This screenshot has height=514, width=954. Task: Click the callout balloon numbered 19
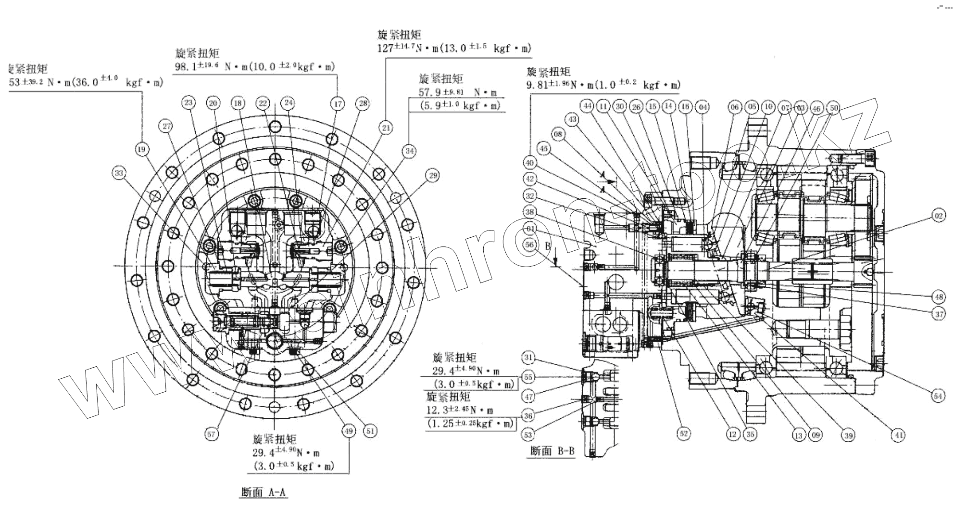(x=141, y=150)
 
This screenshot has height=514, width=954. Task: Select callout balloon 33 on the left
(x=119, y=172)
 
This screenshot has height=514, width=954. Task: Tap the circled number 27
(x=166, y=127)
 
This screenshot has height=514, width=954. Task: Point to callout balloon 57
(x=212, y=434)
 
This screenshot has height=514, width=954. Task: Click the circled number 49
(x=348, y=431)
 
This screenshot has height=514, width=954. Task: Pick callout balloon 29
(x=433, y=176)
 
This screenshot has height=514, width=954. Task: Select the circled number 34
(x=409, y=151)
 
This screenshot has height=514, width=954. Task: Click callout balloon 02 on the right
(x=938, y=216)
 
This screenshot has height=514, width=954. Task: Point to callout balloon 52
(x=683, y=434)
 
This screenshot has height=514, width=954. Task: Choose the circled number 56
(x=530, y=244)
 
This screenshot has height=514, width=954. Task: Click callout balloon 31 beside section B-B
(x=528, y=357)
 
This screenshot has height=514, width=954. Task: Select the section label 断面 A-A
(x=264, y=492)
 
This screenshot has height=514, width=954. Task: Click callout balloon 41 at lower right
(x=897, y=435)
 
